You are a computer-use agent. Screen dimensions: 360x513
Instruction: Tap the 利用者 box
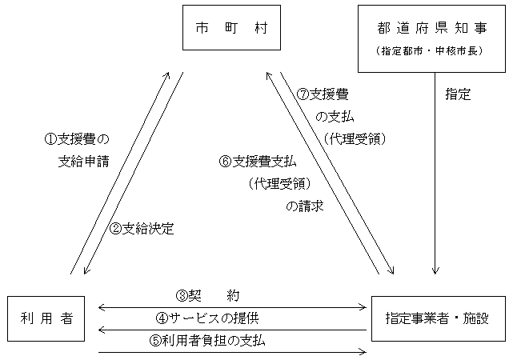tap(46, 318)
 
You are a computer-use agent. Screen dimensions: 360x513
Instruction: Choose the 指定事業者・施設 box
tap(439, 318)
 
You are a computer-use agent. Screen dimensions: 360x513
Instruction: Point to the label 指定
tap(458, 94)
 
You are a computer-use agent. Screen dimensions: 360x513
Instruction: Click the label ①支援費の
tap(76, 138)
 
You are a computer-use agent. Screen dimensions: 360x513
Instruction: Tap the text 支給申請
tap(83, 160)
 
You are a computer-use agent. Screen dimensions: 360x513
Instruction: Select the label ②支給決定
tap(142, 227)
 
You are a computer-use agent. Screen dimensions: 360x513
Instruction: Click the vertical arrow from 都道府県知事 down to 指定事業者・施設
tap(435, 176)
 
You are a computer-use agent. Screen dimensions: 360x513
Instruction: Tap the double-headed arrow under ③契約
tap(232, 306)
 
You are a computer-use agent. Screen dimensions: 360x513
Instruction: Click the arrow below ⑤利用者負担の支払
tap(232, 351)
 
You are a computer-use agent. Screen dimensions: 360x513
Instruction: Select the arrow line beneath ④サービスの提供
tap(232, 329)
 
